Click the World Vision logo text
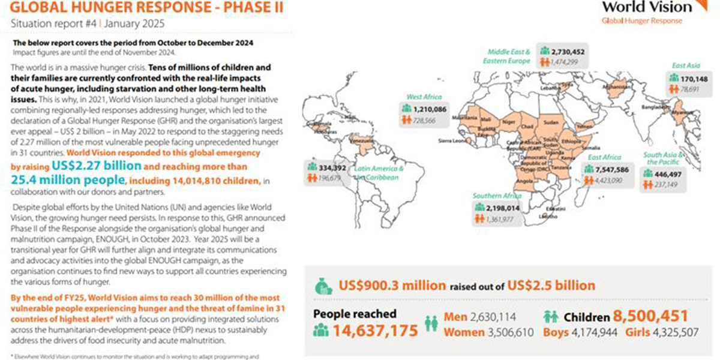(646, 7)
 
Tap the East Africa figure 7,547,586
(608, 170)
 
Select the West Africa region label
(424, 97)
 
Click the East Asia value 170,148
(693, 78)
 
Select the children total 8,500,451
(650, 316)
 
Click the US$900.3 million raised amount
(392, 286)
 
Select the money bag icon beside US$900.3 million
(324, 286)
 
